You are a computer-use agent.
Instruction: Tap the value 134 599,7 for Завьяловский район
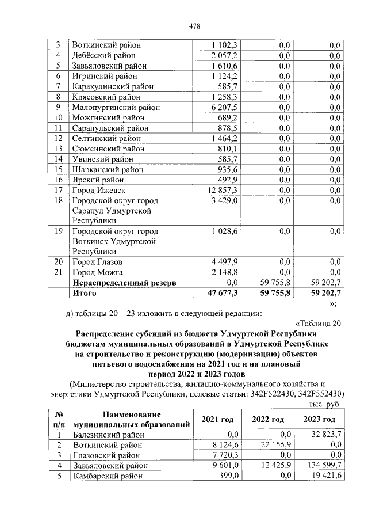(x=322, y=466)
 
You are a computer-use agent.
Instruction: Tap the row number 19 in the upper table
(x=57, y=231)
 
